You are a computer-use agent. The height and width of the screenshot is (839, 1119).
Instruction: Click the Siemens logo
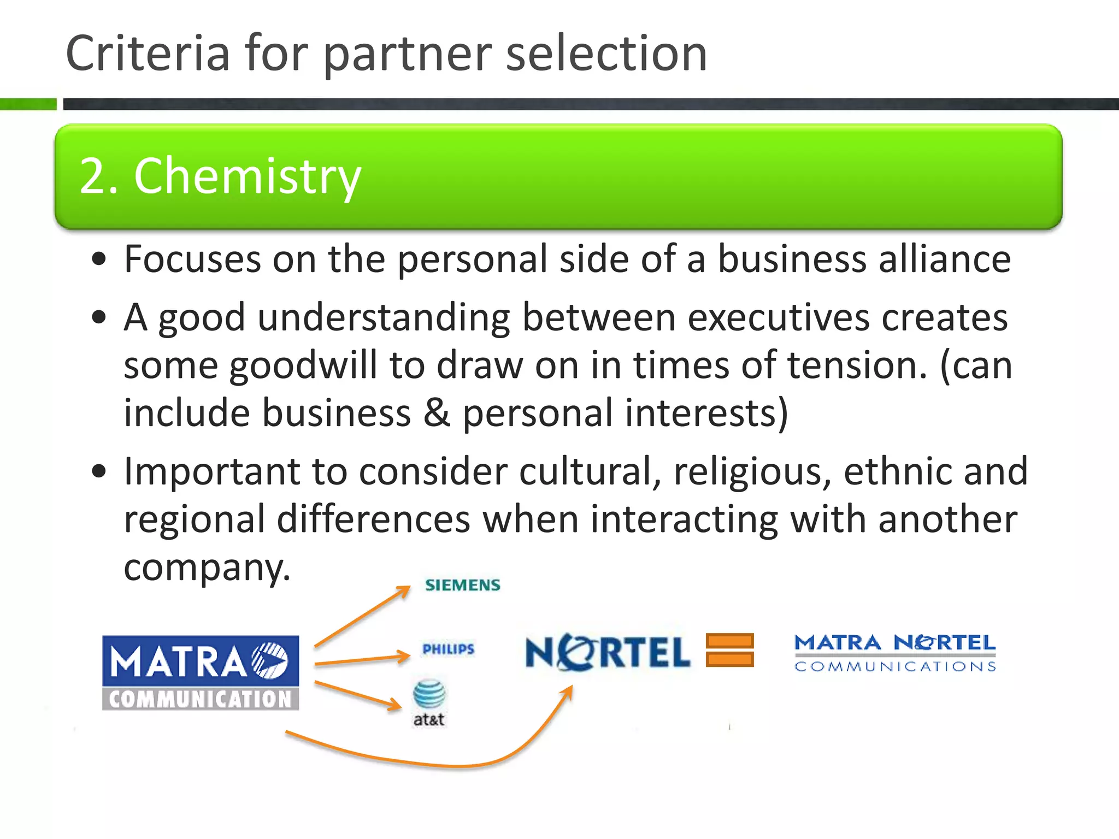click(463, 585)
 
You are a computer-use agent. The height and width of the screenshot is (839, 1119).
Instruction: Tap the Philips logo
click(449, 649)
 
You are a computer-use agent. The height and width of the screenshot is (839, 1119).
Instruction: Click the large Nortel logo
click(608, 652)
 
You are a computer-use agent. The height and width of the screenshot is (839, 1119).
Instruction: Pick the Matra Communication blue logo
click(201, 672)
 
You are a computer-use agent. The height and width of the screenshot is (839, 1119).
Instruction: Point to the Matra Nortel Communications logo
click(895, 653)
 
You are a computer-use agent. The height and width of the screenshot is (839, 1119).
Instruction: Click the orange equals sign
click(729, 650)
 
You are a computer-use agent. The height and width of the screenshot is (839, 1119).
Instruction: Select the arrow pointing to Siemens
click(362, 616)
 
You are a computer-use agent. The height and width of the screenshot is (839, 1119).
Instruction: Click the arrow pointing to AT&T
click(358, 695)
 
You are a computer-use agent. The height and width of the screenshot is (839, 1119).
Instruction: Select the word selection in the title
click(606, 53)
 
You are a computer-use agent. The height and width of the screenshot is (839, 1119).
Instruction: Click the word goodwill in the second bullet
click(303, 365)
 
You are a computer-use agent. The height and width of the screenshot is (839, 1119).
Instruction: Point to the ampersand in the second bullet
click(437, 413)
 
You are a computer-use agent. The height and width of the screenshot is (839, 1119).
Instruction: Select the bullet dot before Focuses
click(99, 260)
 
